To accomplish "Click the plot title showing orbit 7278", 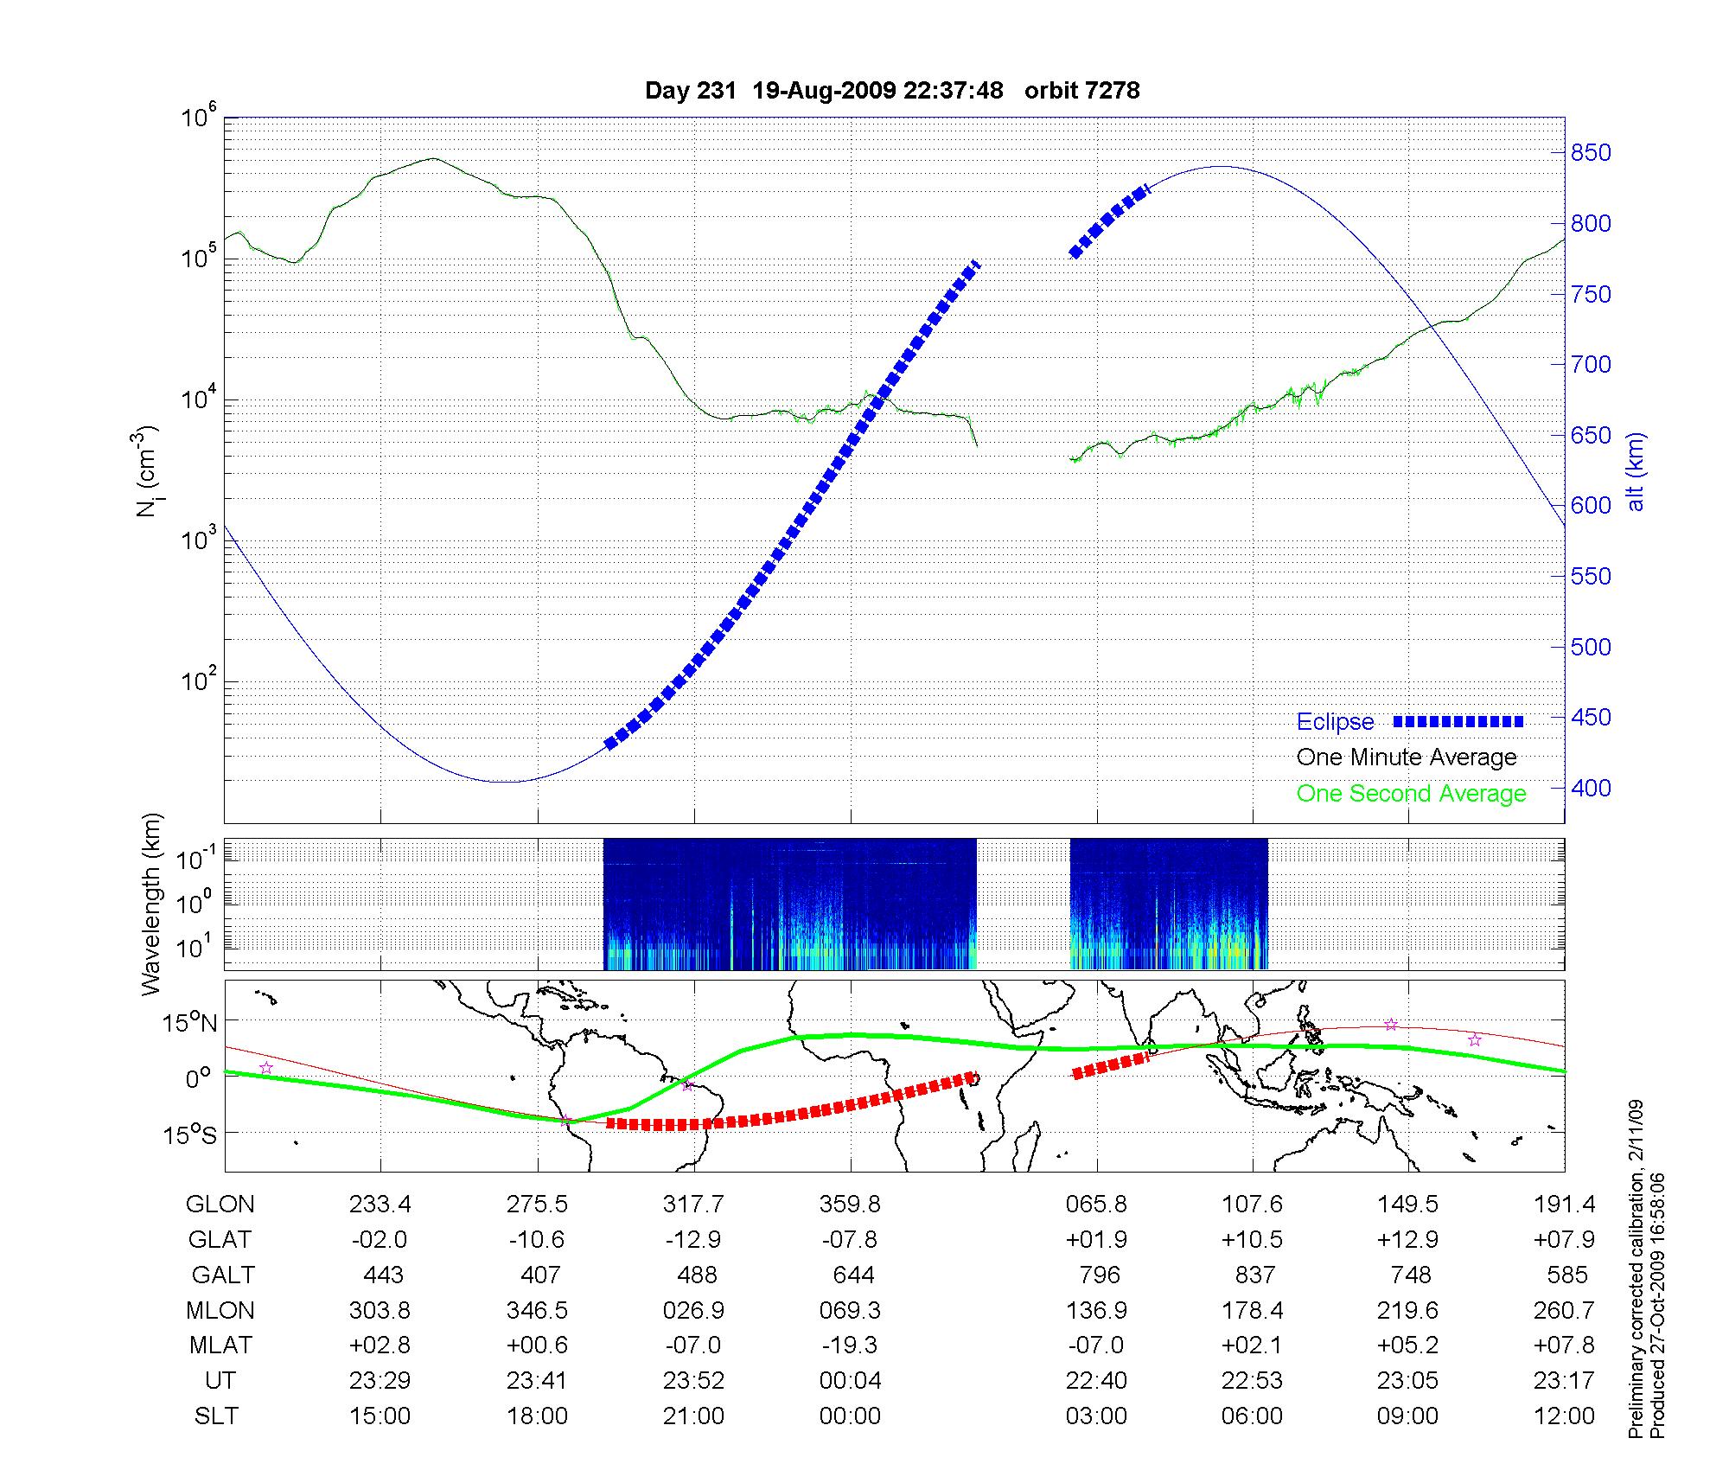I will point(892,90).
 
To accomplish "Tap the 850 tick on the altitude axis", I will point(1592,153).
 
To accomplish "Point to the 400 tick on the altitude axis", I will point(1592,788).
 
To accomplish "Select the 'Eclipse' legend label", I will point(1335,722).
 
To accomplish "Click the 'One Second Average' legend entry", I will point(1411,794).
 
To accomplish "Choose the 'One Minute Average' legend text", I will point(1407,757).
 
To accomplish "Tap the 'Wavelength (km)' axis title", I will point(152,904).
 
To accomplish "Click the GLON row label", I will point(220,1205).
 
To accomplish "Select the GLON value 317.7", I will point(693,1205).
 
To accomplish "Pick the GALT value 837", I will point(1254,1275).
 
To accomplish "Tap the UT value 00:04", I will point(851,1381).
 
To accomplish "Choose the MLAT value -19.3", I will point(851,1345).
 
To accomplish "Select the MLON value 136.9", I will point(1097,1310).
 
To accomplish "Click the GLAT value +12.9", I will point(1408,1240).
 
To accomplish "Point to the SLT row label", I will point(216,1416).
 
